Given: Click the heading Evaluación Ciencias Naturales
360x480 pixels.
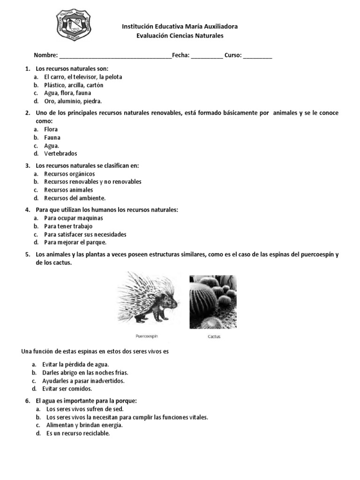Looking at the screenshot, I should (x=180, y=36).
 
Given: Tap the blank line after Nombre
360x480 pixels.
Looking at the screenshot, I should (x=115, y=56).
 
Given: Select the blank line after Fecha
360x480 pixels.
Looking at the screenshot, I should (x=207, y=56).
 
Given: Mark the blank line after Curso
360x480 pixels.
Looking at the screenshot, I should (x=257, y=56).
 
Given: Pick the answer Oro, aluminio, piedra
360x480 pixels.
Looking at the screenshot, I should (x=73, y=101).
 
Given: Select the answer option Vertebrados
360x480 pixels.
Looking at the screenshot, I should (x=60, y=154).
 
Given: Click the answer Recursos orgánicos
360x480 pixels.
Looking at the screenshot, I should (x=69, y=174).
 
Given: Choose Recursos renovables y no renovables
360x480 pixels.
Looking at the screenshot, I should (x=92, y=182).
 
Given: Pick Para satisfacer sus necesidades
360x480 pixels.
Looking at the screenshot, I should (x=85, y=234).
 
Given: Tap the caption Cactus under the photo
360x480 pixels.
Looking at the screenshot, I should (x=214, y=337).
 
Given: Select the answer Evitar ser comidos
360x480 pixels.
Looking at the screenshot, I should (x=67, y=389).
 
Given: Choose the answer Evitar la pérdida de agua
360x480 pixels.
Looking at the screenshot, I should (x=75, y=365).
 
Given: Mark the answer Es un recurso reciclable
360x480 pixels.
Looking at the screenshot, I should (x=78, y=434).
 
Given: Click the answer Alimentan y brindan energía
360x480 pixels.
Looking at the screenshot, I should (x=84, y=425).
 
